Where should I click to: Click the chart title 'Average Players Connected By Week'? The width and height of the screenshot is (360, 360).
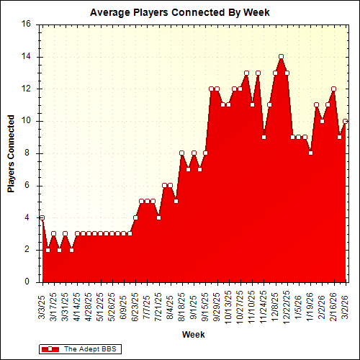(x=179, y=12)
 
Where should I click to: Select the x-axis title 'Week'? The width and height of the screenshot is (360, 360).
(x=192, y=335)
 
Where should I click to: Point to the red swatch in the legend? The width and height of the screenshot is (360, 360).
(x=50, y=348)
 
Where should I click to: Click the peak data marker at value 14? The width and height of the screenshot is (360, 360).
(x=281, y=57)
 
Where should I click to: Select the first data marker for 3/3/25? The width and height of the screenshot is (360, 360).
(x=42, y=217)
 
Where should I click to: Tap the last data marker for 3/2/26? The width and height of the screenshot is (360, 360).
(x=346, y=121)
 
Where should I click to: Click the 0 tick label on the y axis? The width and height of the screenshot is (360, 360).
(x=29, y=282)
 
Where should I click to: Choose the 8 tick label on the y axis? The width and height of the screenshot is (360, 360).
(x=29, y=153)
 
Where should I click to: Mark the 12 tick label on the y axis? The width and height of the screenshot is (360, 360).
(x=26, y=89)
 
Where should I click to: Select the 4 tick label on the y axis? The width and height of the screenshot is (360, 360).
(x=29, y=217)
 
